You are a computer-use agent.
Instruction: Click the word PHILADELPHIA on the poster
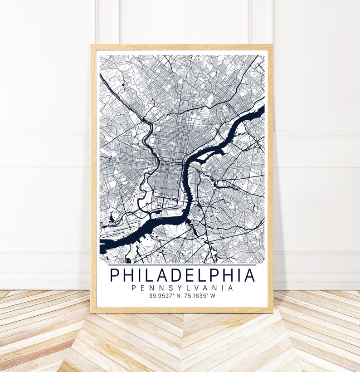click(182, 275)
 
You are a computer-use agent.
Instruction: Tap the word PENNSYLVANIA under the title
click(182, 288)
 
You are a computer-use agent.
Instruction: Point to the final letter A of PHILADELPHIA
click(249, 275)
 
